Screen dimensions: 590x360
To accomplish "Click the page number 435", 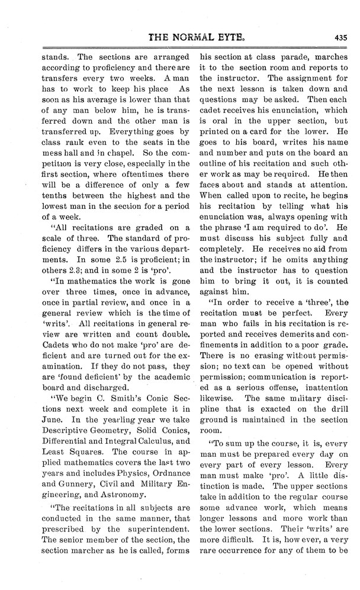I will (340, 36).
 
